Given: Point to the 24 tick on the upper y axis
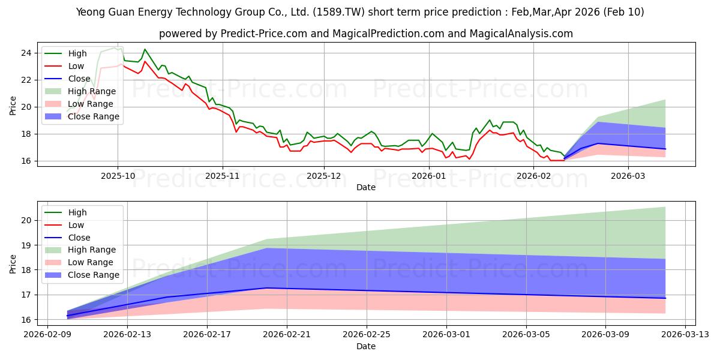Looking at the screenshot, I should point(26,53).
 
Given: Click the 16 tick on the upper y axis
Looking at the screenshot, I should point(26,161).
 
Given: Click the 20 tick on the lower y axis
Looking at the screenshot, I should point(26,220).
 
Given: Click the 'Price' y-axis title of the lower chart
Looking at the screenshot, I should point(13,263).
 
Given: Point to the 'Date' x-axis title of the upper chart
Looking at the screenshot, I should point(366,187).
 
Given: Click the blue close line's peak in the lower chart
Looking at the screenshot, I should point(267,288).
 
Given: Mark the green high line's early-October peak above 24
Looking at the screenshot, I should point(145,49).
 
